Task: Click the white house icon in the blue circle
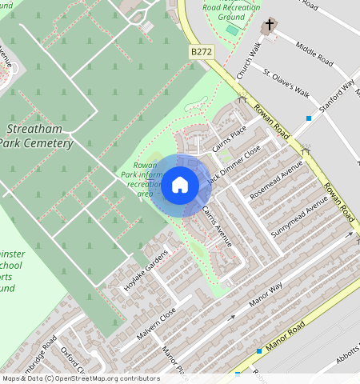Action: point(180,185)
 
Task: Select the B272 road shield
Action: point(202,51)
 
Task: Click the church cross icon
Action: point(270,26)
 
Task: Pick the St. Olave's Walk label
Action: point(286,83)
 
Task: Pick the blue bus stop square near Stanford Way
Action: point(308,118)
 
